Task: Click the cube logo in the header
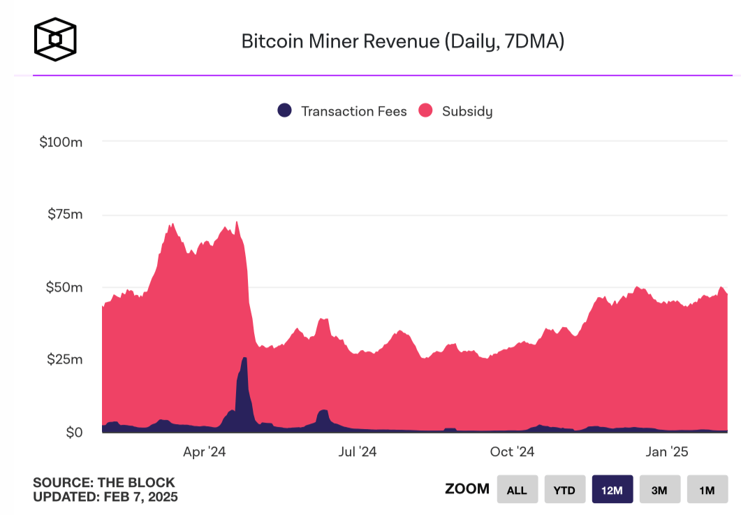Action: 55,38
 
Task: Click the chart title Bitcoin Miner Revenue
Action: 402,41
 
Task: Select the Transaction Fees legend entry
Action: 342,111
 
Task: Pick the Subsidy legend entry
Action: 455,111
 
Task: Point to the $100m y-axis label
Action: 61,143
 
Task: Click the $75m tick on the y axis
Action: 65,215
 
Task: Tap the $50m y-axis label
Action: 64,287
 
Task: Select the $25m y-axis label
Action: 65,360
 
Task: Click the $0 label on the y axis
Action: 74,433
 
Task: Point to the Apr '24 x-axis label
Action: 204,452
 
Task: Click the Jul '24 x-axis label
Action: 357,452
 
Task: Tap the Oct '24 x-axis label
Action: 512,452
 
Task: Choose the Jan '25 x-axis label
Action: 666,452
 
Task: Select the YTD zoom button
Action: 564,490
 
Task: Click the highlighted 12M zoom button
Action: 612,490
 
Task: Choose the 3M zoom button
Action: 659,490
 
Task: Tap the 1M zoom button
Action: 707,490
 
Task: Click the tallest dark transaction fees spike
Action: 244,391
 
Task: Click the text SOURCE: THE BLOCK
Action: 104,483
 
